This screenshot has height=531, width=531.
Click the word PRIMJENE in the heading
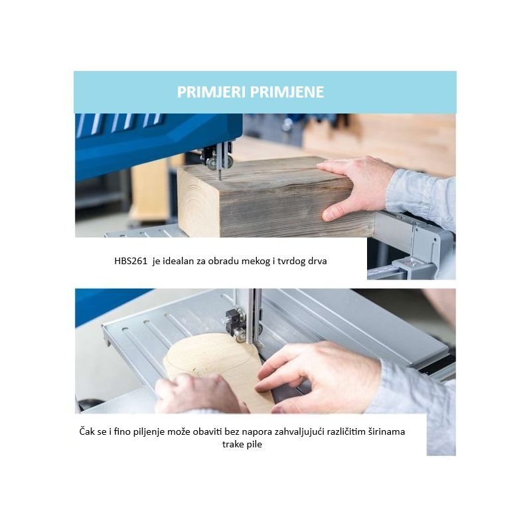pos(287,92)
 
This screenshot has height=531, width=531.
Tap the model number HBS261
pos(131,261)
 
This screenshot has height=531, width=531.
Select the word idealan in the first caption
pos(179,261)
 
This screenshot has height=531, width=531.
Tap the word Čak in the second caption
pos(87,431)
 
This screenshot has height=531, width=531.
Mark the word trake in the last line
pos(232,444)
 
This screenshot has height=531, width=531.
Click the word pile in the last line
pos(254,445)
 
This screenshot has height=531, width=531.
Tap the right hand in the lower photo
pos(319,376)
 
